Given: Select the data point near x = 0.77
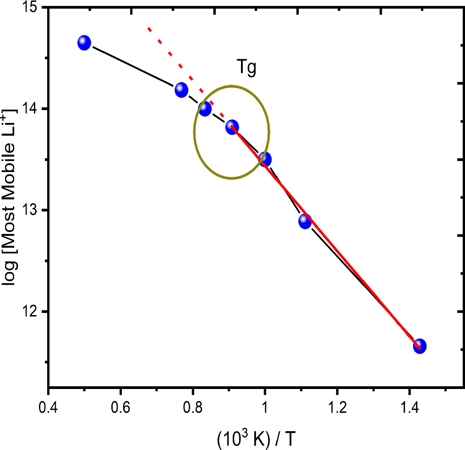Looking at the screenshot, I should pos(181,89).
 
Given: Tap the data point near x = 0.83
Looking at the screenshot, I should pos(205,108).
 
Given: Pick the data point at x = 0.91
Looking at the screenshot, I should pos(232,127).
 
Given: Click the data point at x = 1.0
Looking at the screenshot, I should pos(265,159).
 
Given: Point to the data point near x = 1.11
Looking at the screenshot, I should pos(305,221).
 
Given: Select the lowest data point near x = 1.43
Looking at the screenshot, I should pos(420,346).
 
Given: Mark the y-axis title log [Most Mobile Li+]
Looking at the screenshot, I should pos(12,197).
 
